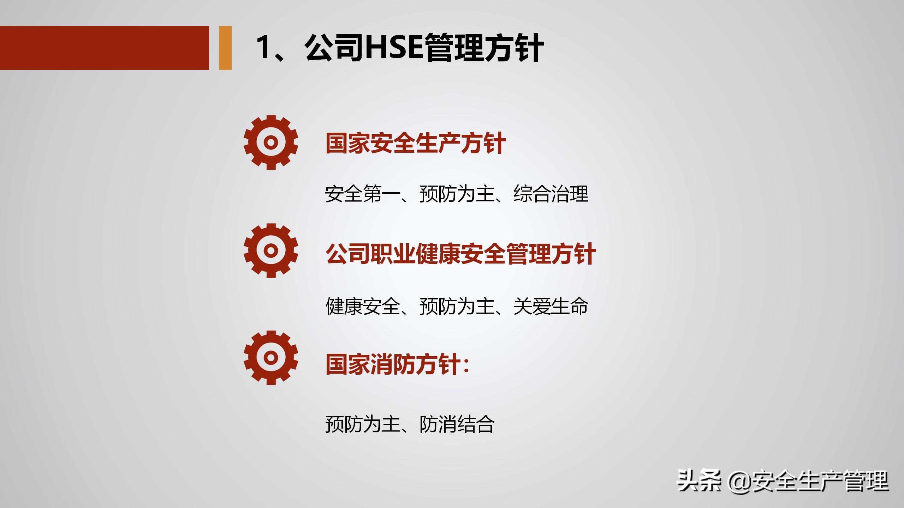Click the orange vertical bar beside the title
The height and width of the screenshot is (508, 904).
click(x=225, y=48)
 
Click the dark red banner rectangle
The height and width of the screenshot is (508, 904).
click(x=105, y=48)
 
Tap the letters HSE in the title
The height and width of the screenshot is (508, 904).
click(x=394, y=48)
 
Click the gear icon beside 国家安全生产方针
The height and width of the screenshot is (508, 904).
click(x=271, y=142)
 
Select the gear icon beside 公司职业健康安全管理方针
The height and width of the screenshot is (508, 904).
click(x=271, y=250)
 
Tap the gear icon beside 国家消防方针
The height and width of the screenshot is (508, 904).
click(x=271, y=358)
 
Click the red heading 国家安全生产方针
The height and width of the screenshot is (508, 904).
click(x=415, y=143)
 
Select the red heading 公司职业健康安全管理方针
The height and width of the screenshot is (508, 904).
click(x=460, y=254)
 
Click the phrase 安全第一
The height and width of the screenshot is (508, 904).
click(x=362, y=194)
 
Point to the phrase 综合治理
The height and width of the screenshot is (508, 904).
click(x=551, y=194)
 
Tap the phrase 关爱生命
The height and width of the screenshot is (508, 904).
click(x=551, y=306)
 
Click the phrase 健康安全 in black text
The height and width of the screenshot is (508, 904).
click(x=362, y=306)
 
